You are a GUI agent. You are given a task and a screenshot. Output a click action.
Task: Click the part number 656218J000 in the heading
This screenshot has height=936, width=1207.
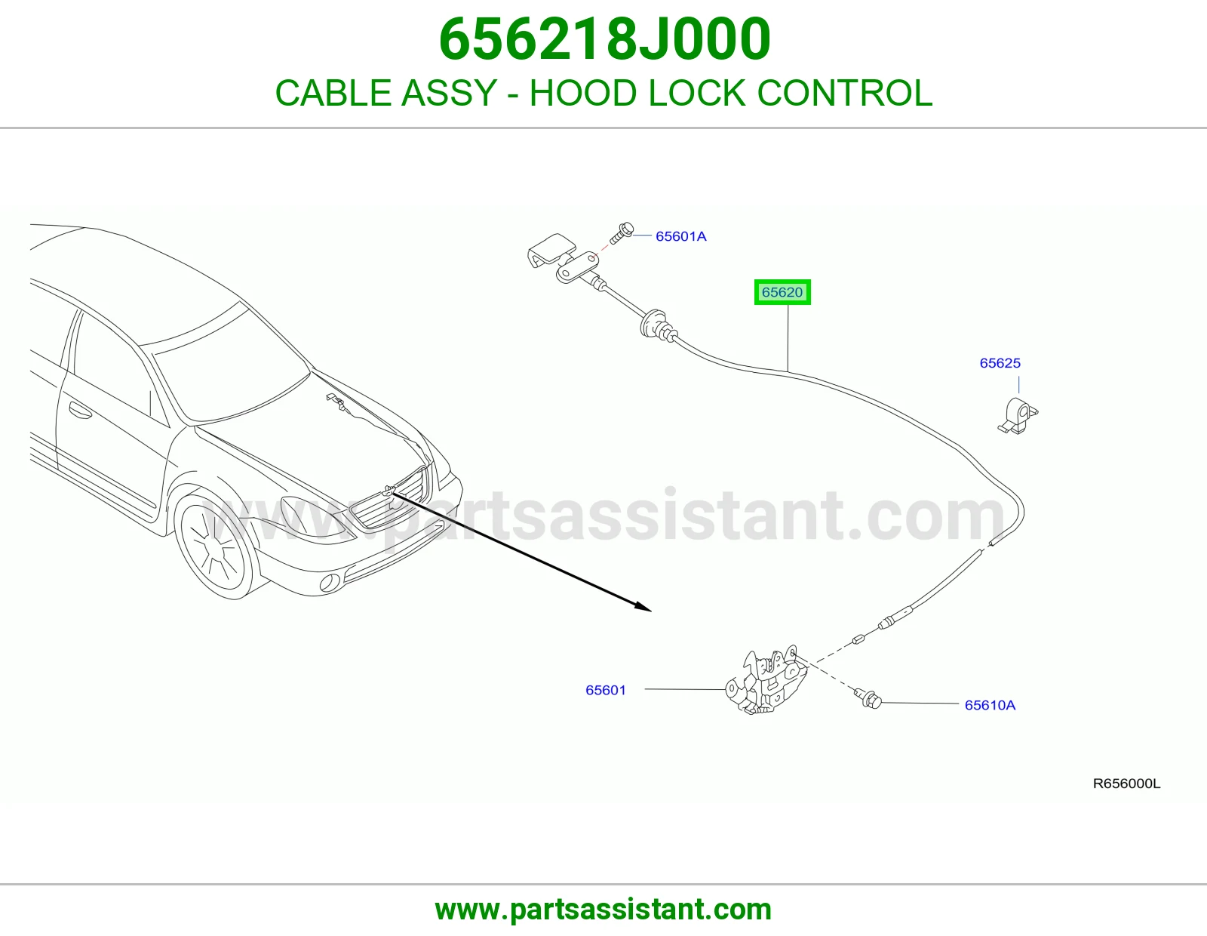click(604, 39)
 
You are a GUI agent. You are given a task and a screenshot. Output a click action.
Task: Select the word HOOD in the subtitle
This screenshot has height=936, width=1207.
click(582, 93)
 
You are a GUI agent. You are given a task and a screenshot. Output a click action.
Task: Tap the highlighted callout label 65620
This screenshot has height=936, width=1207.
click(782, 292)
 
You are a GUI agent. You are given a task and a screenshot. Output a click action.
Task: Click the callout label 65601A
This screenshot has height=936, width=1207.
click(681, 236)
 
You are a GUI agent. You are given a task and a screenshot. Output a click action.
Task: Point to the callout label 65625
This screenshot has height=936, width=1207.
click(1000, 363)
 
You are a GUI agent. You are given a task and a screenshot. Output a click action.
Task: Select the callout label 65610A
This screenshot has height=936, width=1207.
click(990, 705)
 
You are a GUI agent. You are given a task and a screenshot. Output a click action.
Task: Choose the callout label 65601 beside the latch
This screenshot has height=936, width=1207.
click(606, 690)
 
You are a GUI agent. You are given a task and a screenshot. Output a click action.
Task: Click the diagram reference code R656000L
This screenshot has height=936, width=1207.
click(1126, 784)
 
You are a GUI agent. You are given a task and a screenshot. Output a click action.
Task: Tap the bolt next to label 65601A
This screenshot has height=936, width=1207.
click(622, 233)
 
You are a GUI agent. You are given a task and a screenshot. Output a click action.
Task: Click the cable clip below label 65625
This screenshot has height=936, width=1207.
click(1018, 415)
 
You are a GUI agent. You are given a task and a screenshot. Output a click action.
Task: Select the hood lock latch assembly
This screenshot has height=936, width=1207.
click(766, 679)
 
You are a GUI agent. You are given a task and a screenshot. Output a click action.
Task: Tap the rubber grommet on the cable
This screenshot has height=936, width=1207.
click(654, 325)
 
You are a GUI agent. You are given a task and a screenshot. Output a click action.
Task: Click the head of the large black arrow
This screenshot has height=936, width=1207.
click(644, 607)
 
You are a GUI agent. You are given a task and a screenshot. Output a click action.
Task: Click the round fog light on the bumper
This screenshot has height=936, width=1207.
click(330, 582)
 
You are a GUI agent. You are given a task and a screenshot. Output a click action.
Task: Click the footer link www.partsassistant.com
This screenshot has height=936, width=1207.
click(603, 910)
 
